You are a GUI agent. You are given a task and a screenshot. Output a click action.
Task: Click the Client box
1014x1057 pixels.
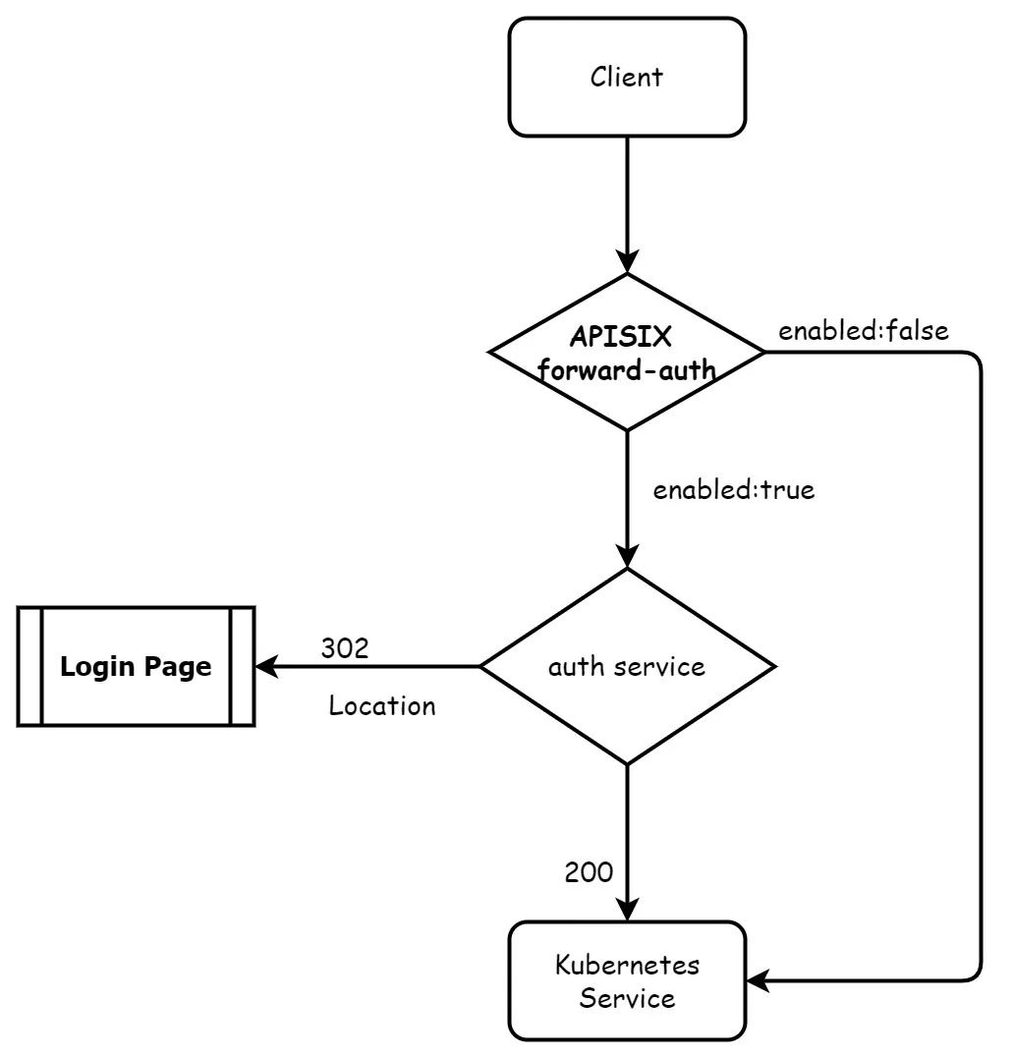626,77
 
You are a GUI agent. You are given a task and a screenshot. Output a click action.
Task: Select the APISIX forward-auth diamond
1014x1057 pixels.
626,352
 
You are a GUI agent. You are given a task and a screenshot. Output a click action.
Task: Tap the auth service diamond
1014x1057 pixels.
626,667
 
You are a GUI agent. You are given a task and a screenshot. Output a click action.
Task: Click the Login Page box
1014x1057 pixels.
136,667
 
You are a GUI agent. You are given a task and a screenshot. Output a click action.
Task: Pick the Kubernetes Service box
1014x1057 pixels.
626,980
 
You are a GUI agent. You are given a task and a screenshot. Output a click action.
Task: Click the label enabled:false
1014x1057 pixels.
864,331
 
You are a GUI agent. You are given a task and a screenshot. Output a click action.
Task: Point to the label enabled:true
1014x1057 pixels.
733,489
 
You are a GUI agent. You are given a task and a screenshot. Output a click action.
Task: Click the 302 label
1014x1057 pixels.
344,648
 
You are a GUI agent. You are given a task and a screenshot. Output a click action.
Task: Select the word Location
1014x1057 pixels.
381,705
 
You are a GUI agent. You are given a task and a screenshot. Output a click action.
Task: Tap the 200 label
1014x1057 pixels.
589,871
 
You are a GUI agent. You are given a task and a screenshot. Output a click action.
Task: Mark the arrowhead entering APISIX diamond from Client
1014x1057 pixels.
626,262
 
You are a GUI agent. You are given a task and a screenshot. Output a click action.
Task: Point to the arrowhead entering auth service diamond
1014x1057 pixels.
626,557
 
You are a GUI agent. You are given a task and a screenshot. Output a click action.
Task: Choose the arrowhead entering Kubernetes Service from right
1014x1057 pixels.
757,980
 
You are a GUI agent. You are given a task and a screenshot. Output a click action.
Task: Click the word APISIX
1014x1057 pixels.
620,337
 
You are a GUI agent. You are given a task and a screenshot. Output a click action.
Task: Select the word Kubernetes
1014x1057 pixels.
627,965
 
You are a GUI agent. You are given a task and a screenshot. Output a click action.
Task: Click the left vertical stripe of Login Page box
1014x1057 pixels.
30,667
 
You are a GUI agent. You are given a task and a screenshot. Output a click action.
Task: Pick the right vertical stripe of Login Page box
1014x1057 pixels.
242,667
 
